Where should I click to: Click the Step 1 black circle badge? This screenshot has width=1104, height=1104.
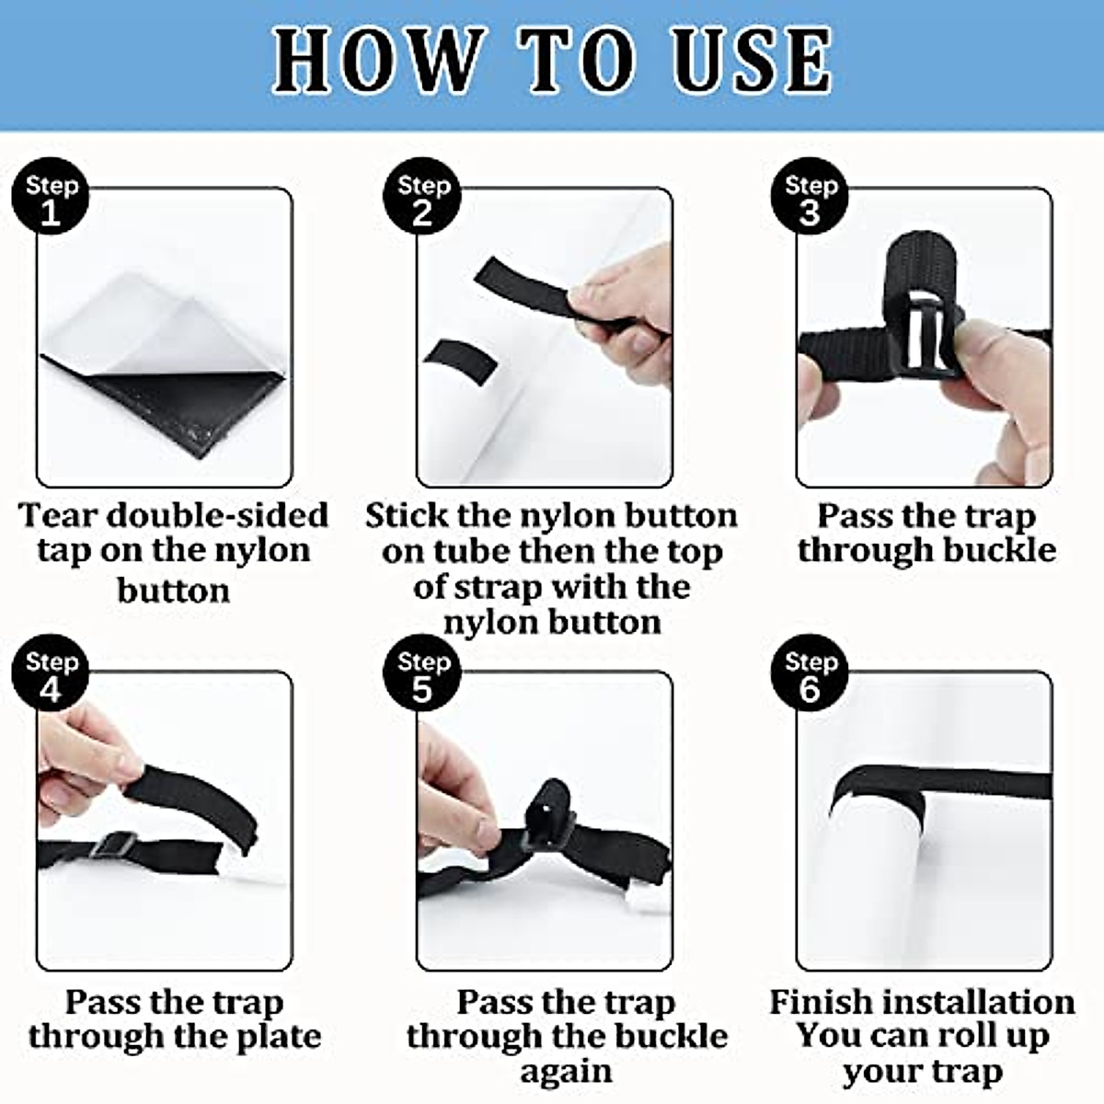(x=51, y=196)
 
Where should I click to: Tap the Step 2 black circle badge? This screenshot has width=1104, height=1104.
(x=422, y=196)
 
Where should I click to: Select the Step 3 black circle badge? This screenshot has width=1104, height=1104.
(x=810, y=196)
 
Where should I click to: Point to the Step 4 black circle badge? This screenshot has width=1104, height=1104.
(x=51, y=673)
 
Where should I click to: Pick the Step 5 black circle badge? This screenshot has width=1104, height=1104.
(x=422, y=673)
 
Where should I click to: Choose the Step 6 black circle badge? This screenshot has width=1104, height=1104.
(x=810, y=673)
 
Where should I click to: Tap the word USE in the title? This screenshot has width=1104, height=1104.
(x=753, y=60)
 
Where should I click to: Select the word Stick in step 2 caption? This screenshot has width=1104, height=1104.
(x=407, y=515)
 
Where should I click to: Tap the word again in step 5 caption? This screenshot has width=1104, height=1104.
(x=566, y=1073)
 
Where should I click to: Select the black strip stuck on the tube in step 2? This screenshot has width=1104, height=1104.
(x=461, y=362)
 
